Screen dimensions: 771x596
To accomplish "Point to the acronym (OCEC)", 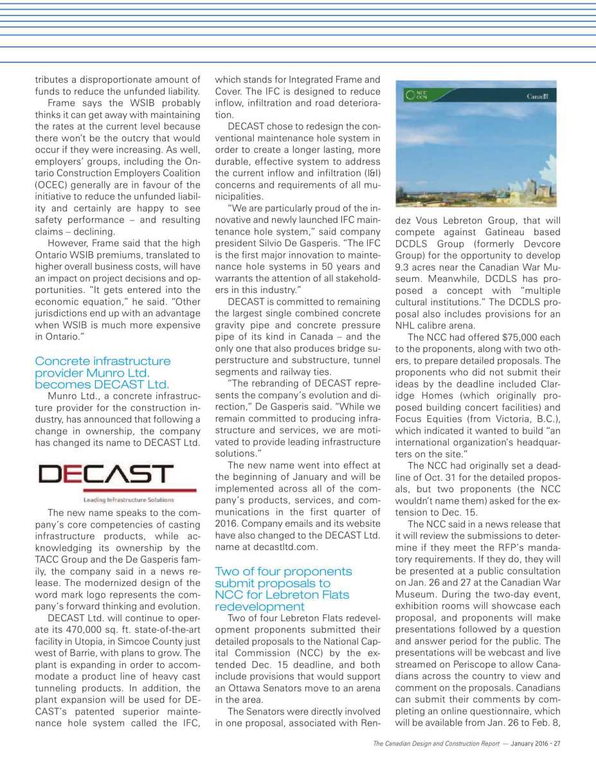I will click(x=51, y=185).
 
